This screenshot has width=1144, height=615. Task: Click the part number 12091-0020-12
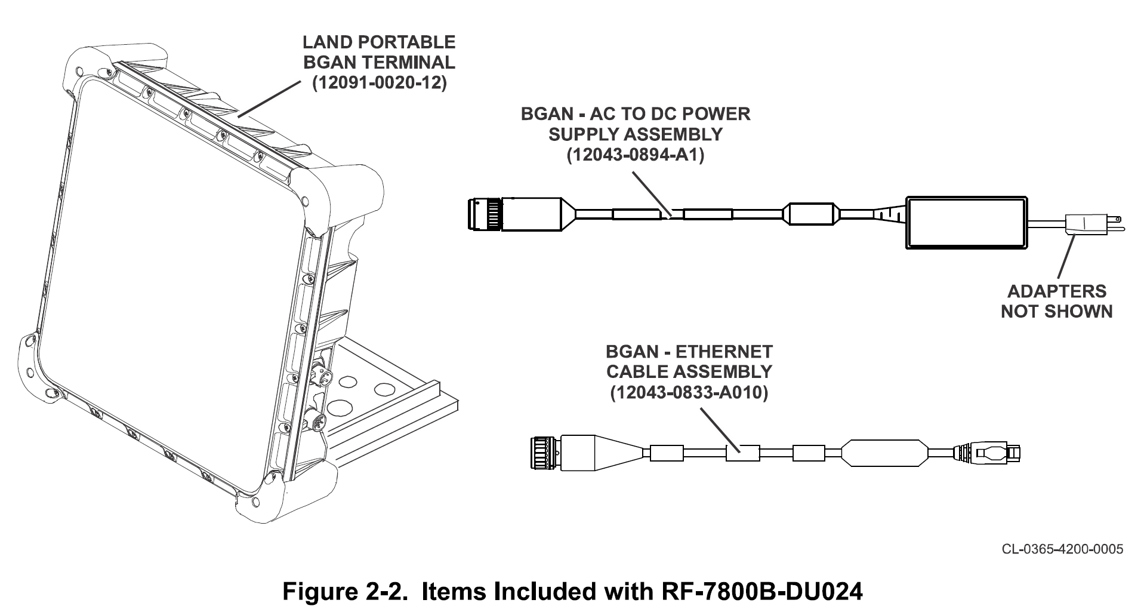pyautogui.click(x=380, y=83)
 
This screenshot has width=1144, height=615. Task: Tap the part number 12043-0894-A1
pyautogui.click(x=636, y=155)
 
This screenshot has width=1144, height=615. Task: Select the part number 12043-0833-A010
pyautogui.click(x=689, y=393)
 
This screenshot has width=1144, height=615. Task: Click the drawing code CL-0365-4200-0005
pyautogui.click(x=1062, y=549)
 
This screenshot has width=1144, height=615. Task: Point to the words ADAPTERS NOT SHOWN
pyautogui.click(x=1057, y=301)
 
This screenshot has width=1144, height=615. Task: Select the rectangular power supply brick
pyautogui.click(x=967, y=222)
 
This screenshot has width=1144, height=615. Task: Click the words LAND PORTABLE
pyautogui.click(x=379, y=42)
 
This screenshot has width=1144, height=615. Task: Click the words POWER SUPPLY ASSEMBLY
pyautogui.click(x=636, y=124)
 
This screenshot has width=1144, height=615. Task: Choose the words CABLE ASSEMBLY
pyautogui.click(x=689, y=371)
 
